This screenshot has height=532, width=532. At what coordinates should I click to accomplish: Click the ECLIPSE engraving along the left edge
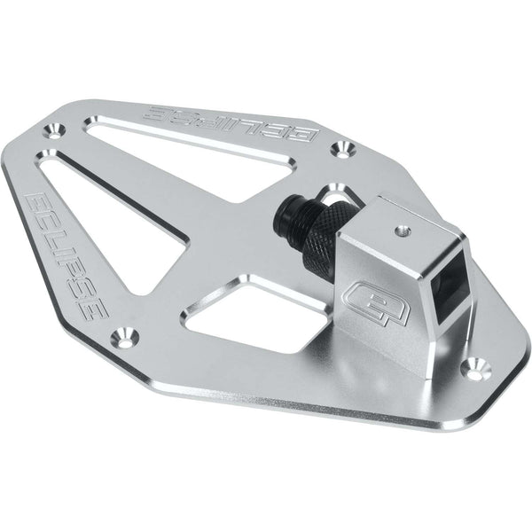tap(66, 255)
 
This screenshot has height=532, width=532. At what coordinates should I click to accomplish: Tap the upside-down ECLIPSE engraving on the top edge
tap(231, 123)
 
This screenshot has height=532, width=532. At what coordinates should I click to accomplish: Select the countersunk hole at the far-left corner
tap(54, 131)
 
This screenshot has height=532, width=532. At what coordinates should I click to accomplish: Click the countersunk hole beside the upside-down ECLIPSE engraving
tap(343, 149)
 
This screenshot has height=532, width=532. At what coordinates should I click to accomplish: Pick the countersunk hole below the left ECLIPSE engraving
tap(125, 338)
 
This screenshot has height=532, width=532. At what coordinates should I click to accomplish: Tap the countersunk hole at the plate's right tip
tap(479, 368)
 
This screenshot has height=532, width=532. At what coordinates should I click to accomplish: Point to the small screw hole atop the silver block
tap(403, 231)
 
